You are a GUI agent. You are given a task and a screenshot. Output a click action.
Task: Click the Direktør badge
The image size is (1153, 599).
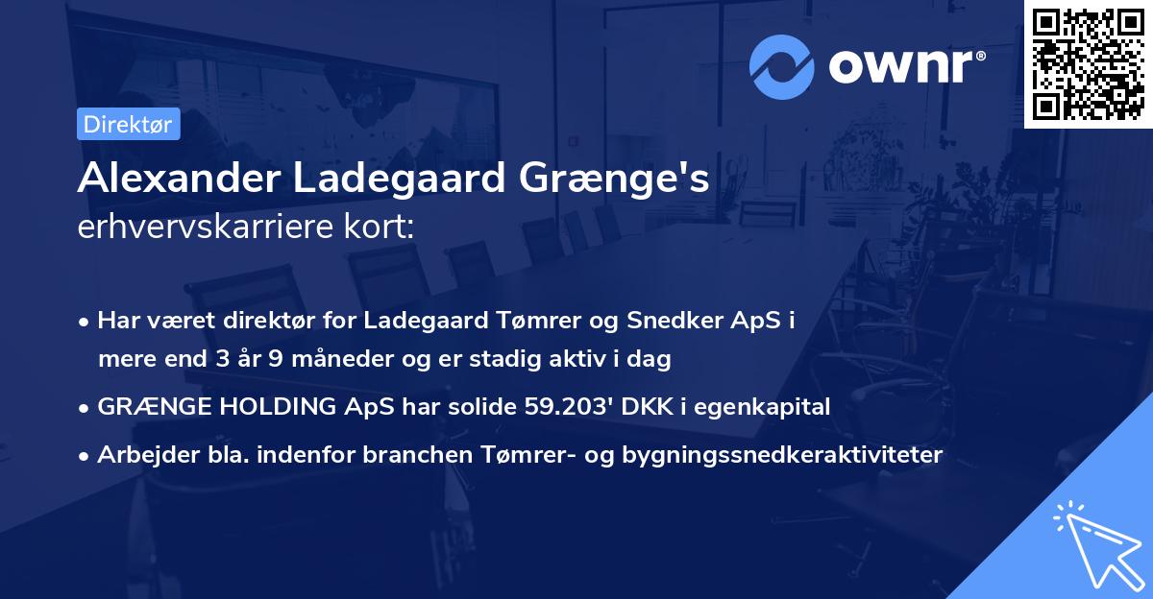128,124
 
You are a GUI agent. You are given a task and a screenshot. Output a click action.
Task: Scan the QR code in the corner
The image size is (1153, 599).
1087,63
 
